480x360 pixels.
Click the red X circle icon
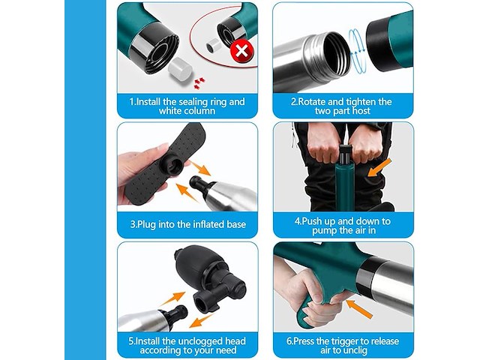[241, 52]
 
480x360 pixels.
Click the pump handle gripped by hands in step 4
[344, 151]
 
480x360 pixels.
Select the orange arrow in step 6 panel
[363, 306]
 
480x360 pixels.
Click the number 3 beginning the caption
[133, 224]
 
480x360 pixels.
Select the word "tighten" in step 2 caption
[359, 101]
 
